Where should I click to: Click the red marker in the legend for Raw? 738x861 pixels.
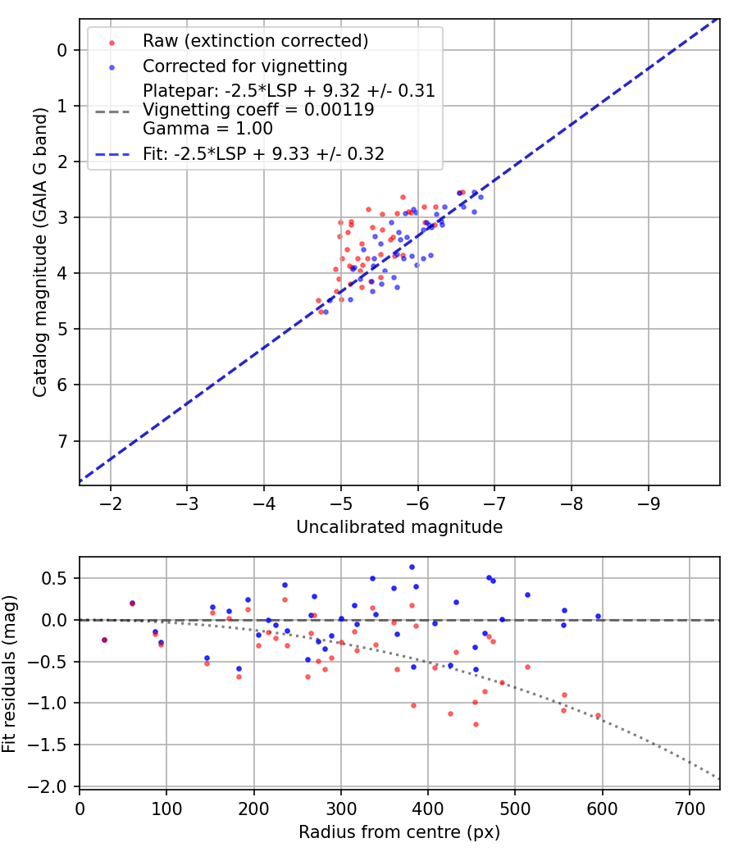click(112, 41)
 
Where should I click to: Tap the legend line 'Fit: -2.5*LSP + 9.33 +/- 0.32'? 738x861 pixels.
click(112, 153)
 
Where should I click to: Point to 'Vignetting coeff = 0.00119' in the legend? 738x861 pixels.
click(258, 110)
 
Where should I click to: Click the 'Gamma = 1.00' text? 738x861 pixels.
click(207, 129)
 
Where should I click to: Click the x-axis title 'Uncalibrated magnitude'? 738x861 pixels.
click(399, 527)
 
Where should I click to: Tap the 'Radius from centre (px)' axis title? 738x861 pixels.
click(399, 832)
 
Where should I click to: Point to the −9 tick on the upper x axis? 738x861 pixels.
click(649, 501)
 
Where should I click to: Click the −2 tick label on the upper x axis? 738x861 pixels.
click(111, 501)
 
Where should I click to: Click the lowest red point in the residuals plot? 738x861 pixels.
click(476, 724)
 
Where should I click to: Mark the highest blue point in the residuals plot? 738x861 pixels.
click(412, 567)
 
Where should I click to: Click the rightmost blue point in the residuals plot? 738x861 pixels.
click(598, 616)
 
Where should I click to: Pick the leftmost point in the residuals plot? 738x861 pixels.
click(104, 640)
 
